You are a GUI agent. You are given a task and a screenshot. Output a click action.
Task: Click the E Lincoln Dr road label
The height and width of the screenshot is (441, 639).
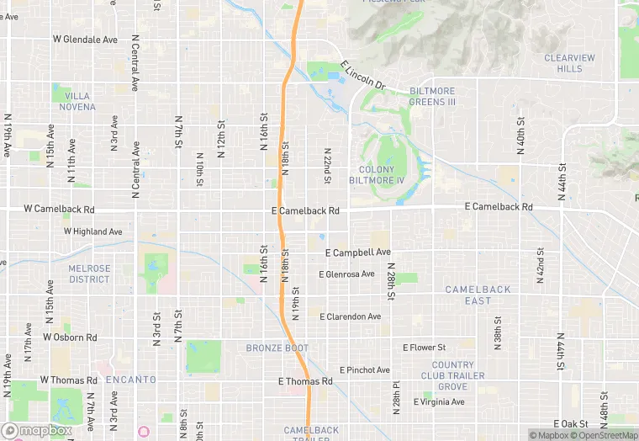(x=362, y=75)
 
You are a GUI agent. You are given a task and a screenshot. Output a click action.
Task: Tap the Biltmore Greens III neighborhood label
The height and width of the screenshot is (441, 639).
(x=432, y=96)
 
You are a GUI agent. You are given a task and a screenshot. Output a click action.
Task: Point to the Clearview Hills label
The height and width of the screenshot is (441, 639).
(x=569, y=63)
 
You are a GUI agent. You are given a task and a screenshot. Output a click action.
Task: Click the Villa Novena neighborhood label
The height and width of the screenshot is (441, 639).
(x=77, y=102)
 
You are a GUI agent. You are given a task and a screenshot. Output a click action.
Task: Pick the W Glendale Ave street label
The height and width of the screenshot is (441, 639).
(x=85, y=39)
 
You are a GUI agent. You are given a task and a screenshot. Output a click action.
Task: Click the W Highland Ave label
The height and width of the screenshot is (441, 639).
(x=92, y=231)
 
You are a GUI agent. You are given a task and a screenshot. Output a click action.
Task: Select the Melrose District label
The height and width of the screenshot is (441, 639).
(x=89, y=274)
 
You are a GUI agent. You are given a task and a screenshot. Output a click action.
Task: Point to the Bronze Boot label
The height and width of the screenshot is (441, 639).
(x=277, y=348)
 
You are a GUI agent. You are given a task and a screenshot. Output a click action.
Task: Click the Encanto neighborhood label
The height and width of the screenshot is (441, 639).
(x=131, y=380)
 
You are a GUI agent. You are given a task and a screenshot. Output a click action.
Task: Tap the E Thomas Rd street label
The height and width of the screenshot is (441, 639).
(x=305, y=381)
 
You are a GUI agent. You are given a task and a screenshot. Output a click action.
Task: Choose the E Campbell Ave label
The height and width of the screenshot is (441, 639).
(x=358, y=252)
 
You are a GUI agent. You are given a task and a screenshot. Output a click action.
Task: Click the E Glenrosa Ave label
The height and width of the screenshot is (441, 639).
(x=346, y=274)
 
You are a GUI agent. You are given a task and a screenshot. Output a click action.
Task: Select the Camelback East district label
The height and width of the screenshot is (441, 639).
(x=478, y=295)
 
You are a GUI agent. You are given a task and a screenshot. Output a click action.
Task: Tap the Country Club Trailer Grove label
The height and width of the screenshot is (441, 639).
(x=452, y=375)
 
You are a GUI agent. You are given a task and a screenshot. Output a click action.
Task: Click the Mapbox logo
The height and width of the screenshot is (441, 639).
(x=36, y=431)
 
